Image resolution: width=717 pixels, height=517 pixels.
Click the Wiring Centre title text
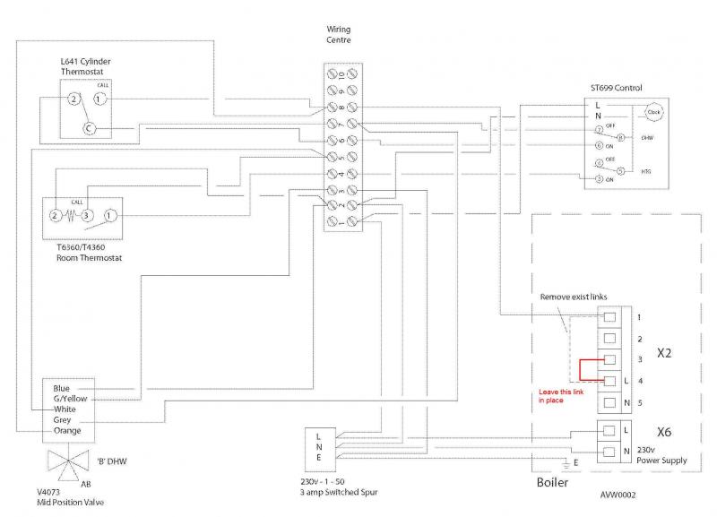tap(339, 35)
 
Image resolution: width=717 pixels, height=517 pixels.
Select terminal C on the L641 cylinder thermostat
tap(89, 128)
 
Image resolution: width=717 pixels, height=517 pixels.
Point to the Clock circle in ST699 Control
tap(653, 112)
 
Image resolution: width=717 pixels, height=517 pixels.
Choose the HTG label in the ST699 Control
tap(647, 170)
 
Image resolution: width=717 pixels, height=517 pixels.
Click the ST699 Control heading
tap(617, 87)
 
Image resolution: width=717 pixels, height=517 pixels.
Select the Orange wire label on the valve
tap(68, 431)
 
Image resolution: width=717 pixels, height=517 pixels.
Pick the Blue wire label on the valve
tap(62, 388)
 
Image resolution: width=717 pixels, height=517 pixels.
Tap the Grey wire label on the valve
tap(63, 420)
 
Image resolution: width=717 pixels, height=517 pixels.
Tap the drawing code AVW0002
tap(619, 494)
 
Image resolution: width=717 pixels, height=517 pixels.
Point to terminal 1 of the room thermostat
tap(108, 216)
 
